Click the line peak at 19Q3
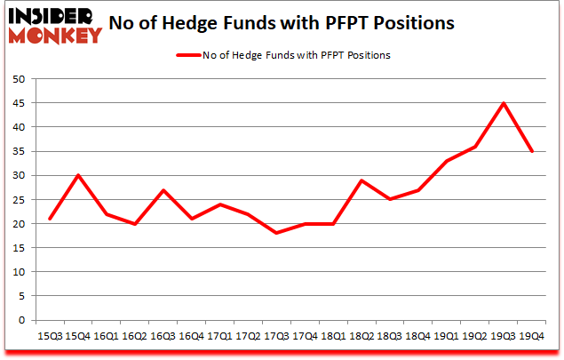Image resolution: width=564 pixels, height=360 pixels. (504, 103)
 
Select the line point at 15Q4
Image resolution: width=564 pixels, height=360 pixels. (80, 175)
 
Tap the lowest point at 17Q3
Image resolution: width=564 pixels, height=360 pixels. (277, 233)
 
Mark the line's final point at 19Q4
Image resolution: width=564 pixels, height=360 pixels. (532, 151)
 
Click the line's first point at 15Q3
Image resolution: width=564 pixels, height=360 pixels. (52, 219)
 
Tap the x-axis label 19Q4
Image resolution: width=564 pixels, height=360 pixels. (532, 337)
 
